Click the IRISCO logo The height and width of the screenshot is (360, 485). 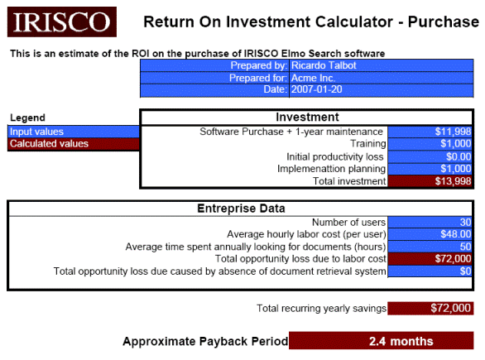coord(62,22)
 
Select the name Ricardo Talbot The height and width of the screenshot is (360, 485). coord(324,65)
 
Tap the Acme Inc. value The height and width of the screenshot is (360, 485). coord(313,78)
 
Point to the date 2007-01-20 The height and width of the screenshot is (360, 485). coord(317,89)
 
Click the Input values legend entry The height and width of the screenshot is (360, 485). coord(74,132)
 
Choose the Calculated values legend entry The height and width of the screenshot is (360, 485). coord(74,144)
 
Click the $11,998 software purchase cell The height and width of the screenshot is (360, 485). coord(430,132)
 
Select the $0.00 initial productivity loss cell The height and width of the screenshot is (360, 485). coord(430,156)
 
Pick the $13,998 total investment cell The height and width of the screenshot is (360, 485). coord(430,181)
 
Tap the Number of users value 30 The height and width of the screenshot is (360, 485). coord(430,222)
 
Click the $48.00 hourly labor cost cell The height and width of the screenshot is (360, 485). coord(430,234)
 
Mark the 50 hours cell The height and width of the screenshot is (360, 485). coord(430,247)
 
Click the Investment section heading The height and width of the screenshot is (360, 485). coord(307,118)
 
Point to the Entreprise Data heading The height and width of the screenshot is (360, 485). coord(241,209)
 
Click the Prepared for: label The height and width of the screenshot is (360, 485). coord(258,78)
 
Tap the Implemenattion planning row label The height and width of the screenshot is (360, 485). coord(331,169)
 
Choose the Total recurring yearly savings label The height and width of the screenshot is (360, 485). coord(321,309)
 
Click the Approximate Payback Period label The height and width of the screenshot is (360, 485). coord(205,342)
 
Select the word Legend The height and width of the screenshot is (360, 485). coord(27,118)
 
